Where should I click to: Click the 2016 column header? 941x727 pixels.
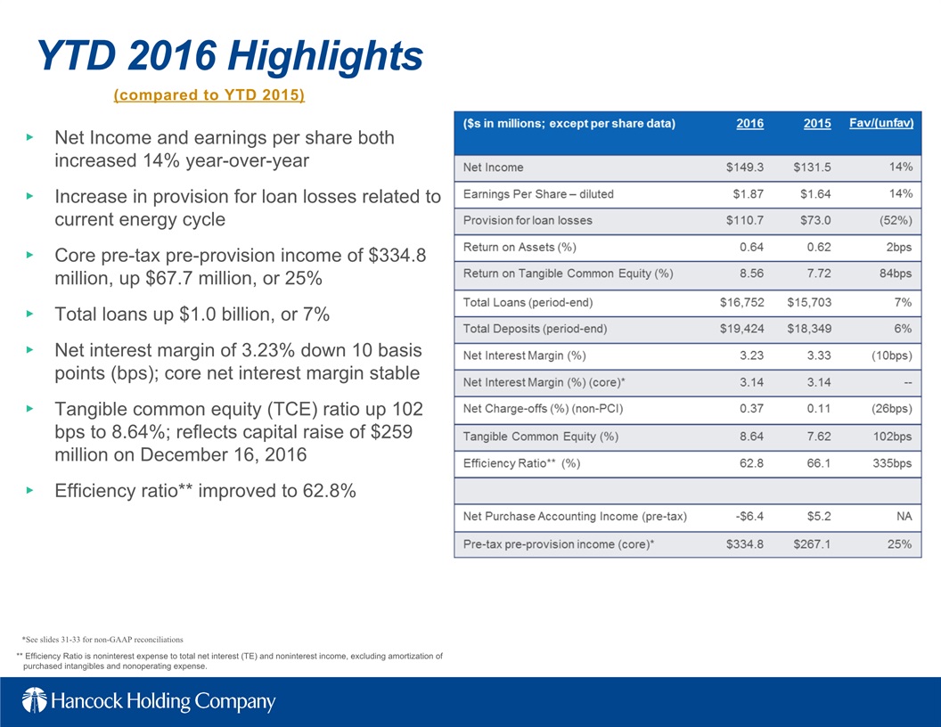point(750,124)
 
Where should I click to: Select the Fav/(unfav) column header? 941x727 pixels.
point(881,124)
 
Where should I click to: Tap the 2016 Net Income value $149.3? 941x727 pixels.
point(745,167)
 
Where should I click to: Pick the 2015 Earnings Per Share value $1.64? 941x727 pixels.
point(815,193)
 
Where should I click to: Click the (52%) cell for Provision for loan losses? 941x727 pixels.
point(896,220)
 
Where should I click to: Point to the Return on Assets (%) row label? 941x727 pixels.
point(520,247)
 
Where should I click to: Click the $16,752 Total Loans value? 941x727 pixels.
point(741,302)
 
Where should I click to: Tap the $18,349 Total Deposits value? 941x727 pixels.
point(809,329)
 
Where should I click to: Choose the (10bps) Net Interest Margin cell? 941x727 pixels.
point(891,355)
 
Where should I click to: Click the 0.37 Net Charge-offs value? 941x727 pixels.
point(751,408)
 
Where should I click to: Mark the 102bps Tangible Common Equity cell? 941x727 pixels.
point(892,437)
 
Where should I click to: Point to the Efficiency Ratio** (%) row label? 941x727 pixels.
point(521,463)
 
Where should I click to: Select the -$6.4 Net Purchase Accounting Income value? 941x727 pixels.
point(749,517)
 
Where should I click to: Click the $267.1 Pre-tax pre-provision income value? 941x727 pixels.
point(812,544)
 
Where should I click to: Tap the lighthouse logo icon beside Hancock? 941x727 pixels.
point(34,700)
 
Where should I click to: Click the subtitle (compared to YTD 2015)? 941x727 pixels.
point(209,94)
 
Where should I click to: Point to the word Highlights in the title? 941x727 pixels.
point(325,57)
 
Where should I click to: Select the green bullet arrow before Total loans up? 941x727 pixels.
point(30,314)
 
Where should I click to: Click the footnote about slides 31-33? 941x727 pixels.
point(102,640)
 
